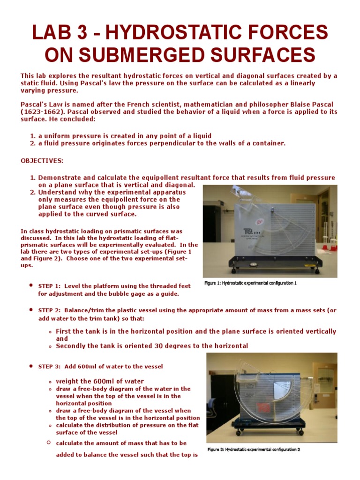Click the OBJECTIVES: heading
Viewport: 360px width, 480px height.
point(42,161)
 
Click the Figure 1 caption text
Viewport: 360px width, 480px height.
point(251,283)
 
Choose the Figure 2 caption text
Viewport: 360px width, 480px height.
point(254,450)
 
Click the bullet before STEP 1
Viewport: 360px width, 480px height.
point(30,285)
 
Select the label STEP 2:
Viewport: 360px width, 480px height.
point(49,310)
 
